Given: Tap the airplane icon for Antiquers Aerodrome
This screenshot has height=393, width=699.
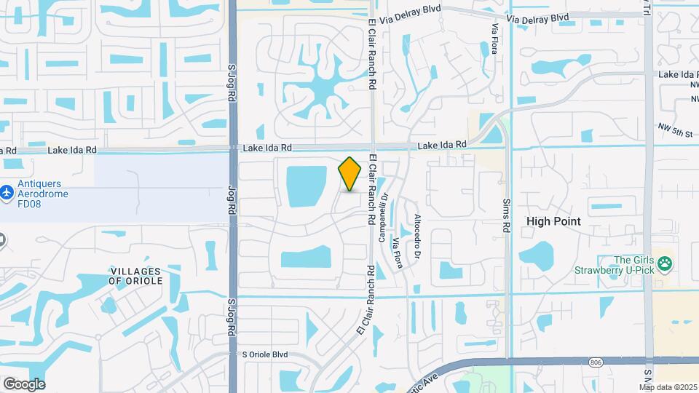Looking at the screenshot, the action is [7, 193].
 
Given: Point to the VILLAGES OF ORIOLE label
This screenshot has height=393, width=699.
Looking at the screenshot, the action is [135, 275].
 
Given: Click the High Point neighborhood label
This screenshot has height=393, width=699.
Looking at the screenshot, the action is [553, 221].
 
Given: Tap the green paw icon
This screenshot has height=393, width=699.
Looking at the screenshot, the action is [664, 263].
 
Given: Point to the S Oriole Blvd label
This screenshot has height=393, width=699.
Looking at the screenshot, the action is [265, 355].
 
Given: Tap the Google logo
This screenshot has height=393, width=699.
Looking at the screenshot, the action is [23, 384].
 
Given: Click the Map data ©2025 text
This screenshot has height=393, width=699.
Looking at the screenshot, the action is [668, 387].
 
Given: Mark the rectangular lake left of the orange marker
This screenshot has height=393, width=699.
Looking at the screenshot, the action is [307, 186].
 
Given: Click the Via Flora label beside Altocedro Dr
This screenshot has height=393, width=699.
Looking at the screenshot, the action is [398, 250].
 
